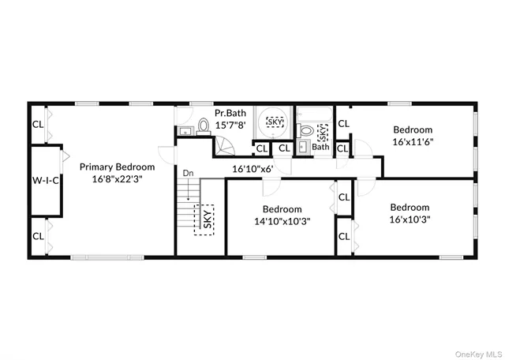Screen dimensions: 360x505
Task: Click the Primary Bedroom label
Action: coord(117,167)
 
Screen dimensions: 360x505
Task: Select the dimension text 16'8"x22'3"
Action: coord(117,181)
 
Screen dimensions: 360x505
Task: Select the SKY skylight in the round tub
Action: coord(274,122)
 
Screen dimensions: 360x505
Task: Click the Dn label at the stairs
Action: coord(188,173)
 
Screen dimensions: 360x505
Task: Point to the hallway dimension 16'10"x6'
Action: coord(252,169)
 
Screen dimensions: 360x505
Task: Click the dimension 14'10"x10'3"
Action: coord(282,222)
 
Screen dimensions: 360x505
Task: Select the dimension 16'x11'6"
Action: coord(413,142)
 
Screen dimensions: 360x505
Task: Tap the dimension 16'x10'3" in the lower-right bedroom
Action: coord(410,220)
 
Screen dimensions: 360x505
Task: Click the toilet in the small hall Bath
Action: coord(305,130)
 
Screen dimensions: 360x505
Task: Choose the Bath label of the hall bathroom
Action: coord(320,147)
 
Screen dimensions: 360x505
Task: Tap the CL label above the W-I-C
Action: coord(38,124)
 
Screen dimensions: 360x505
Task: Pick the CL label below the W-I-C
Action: coord(38,236)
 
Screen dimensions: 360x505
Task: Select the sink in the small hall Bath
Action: coord(303,147)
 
